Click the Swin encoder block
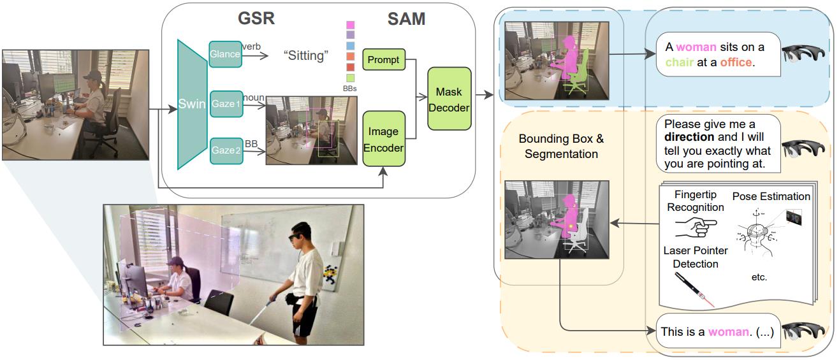(x=192, y=105)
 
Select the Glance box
(x=226, y=55)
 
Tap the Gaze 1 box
(x=226, y=104)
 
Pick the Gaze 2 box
(x=226, y=151)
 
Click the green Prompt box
(x=383, y=60)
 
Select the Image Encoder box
(x=384, y=139)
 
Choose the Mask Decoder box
(x=449, y=99)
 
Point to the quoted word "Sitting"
(x=305, y=55)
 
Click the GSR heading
(x=257, y=18)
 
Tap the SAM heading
(x=406, y=19)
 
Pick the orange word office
(x=736, y=63)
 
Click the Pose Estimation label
(x=771, y=196)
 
